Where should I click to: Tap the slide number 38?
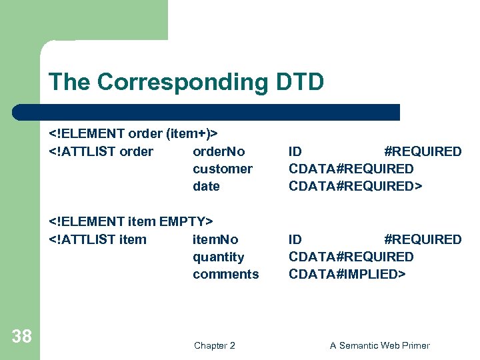pos(21,337)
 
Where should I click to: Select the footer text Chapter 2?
pos(214,345)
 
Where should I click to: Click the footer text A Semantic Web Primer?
pos(380,345)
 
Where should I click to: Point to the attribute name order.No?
pos(219,151)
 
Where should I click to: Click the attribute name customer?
pos(223,169)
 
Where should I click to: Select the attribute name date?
pos(206,186)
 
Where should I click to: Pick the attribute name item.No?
pos(215,239)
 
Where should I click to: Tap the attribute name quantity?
pos(219,257)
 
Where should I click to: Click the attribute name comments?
pos(226,274)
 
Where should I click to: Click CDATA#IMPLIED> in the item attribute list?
pos(347,274)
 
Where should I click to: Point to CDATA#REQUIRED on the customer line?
pos(351,169)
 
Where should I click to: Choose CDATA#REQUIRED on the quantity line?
pos(351,257)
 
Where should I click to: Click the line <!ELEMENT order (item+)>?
pos(134,134)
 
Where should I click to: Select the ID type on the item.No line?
pos(295,239)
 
